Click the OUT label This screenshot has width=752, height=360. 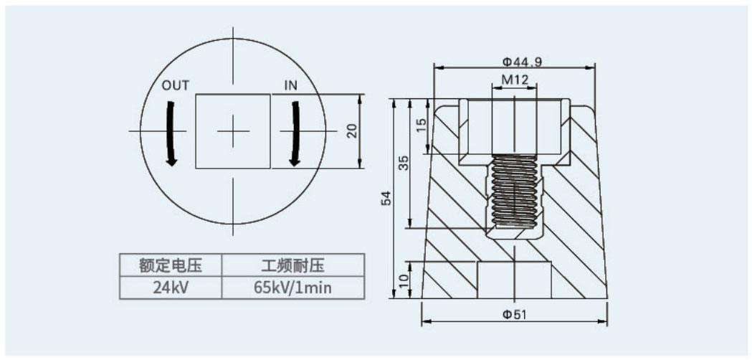pos(176,86)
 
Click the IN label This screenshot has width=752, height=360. pos(291,86)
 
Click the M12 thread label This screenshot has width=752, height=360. pos(515,80)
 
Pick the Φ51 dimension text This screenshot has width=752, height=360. pos(515,315)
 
